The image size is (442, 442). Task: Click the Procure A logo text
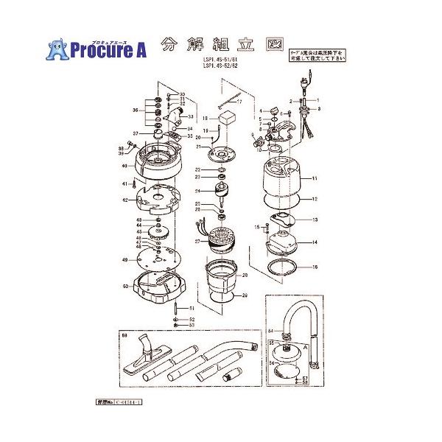pyautogui.click(x=108, y=49)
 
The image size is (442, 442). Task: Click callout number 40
pyautogui.click(x=125, y=166)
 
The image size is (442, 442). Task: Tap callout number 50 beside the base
pyautogui.click(x=126, y=286)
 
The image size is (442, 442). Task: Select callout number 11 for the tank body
pyautogui.click(x=314, y=179)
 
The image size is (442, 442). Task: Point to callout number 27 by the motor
pyautogui.click(x=197, y=241)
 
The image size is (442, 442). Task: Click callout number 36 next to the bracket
pyautogui.click(x=136, y=110)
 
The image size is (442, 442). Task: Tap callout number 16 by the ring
pyautogui.click(x=314, y=267)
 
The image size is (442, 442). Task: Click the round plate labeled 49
pyautogui.click(x=156, y=259)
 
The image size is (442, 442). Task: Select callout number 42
pyautogui.click(x=125, y=200)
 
